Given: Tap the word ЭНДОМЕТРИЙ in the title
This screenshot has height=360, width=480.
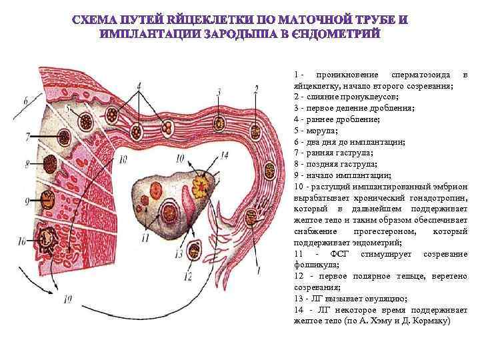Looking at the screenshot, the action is pyautogui.click(x=335, y=33).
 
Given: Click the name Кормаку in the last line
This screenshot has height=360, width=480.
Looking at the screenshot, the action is pyautogui.click(x=435, y=321).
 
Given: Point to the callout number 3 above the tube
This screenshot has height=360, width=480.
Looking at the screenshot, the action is pyautogui.click(x=219, y=91).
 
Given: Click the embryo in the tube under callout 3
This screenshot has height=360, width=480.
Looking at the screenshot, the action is pyautogui.click(x=219, y=123).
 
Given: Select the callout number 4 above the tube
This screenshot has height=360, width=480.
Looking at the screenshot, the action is pyautogui.click(x=139, y=87).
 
